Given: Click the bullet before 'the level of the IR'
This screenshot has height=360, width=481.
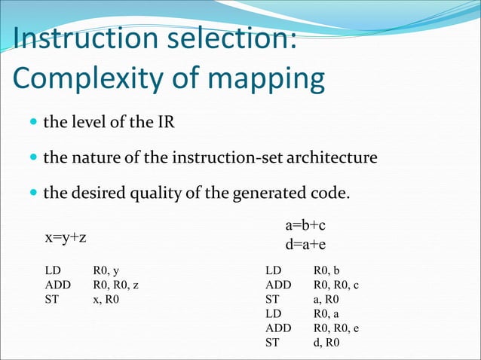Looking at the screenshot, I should [x=32, y=123].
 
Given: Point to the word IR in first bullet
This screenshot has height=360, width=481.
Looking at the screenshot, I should [x=165, y=122].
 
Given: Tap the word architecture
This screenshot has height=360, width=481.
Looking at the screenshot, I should [x=330, y=158].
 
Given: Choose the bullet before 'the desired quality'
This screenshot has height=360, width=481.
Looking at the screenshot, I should [x=32, y=194].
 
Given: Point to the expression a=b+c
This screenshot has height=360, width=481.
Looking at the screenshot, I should [x=305, y=225].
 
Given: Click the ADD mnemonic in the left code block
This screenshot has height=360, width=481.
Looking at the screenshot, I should [x=57, y=285].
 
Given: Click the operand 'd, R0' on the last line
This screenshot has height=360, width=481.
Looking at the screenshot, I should [x=326, y=343].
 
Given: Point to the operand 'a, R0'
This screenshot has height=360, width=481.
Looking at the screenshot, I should [x=326, y=299].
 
